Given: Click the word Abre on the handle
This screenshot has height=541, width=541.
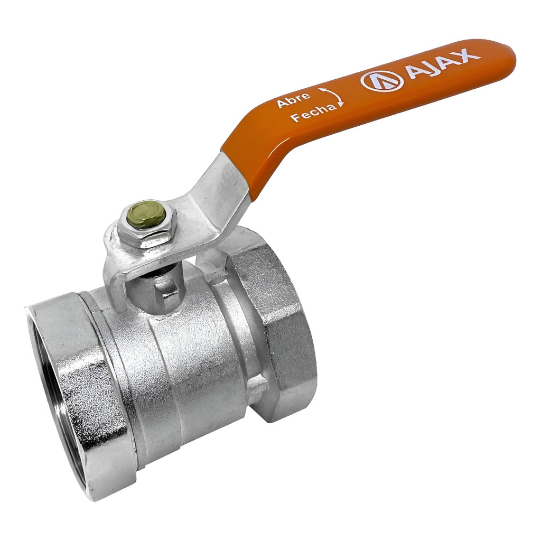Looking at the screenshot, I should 294,99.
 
